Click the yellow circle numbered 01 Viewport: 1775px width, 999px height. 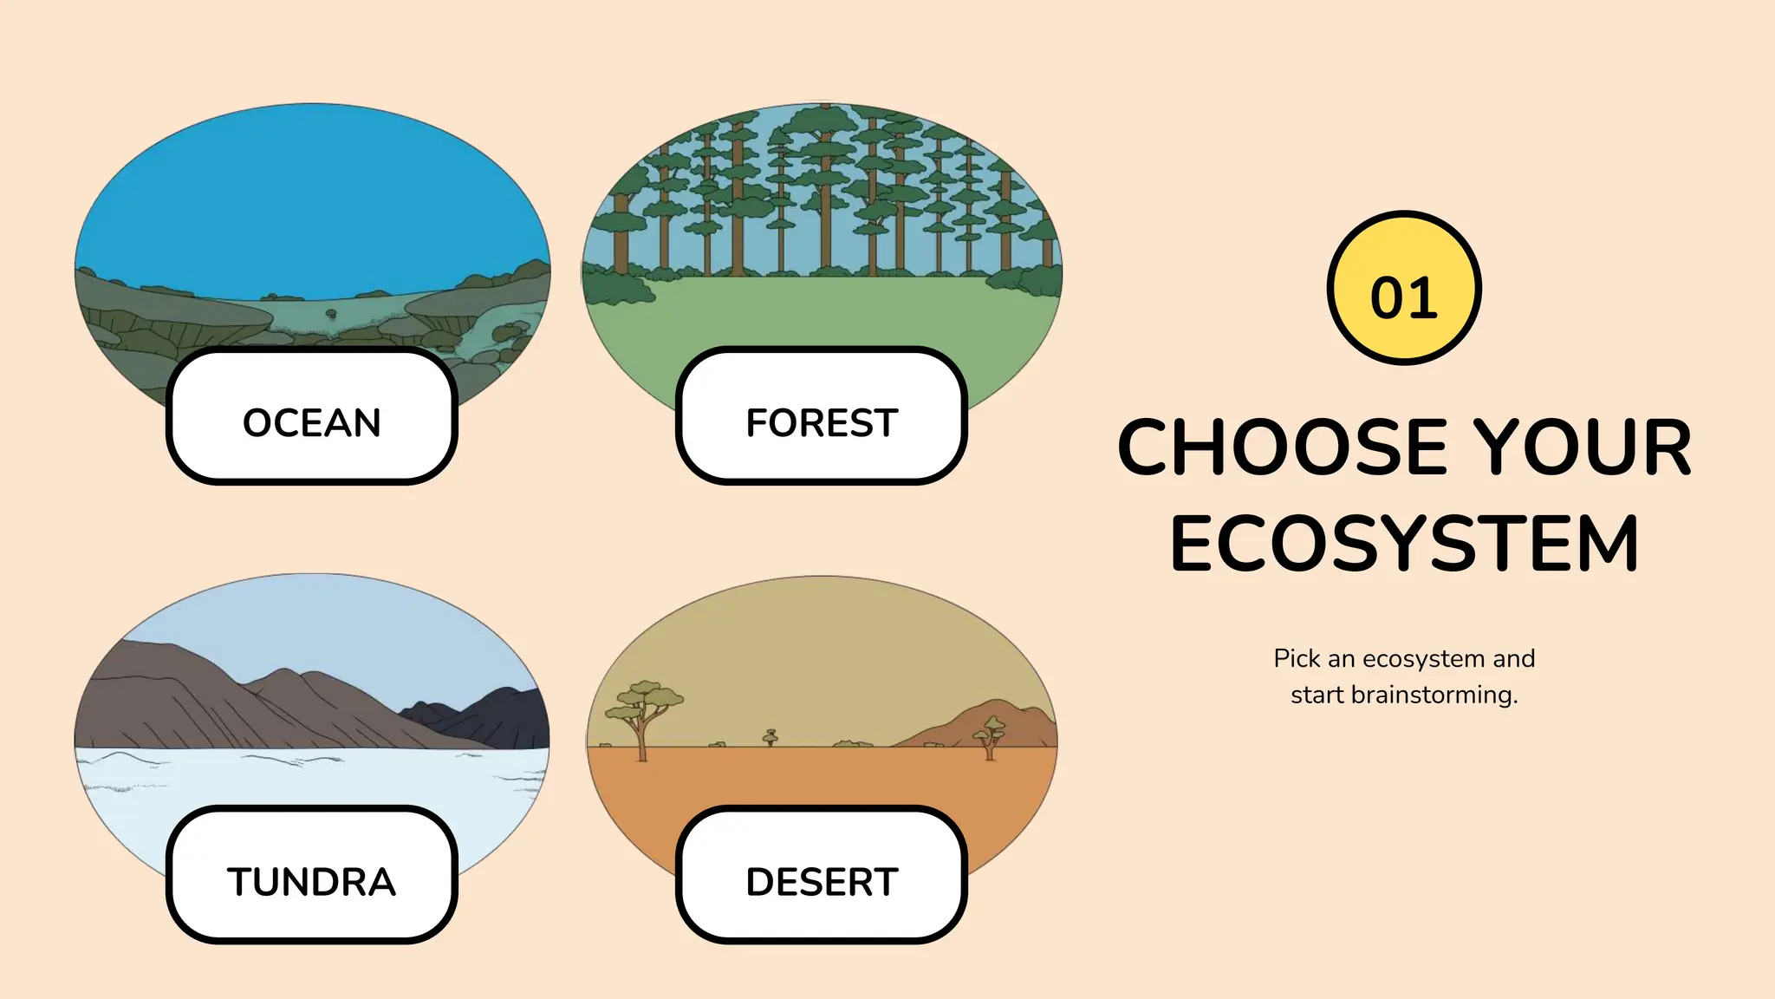1403,288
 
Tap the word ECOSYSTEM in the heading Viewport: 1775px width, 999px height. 1404,545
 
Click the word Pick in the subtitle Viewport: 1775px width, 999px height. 1297,659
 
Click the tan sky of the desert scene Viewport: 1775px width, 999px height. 823,650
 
